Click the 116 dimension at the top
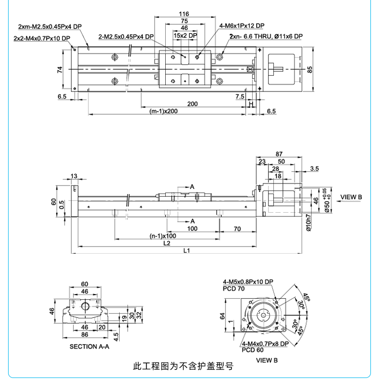point(184,14)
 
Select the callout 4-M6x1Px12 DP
point(242,25)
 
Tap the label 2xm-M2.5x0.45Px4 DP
point(49,26)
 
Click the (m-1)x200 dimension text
point(164,111)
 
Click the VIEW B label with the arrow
point(351,197)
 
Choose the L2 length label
point(166,243)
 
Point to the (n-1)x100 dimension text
point(163,236)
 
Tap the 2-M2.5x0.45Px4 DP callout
point(126,36)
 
